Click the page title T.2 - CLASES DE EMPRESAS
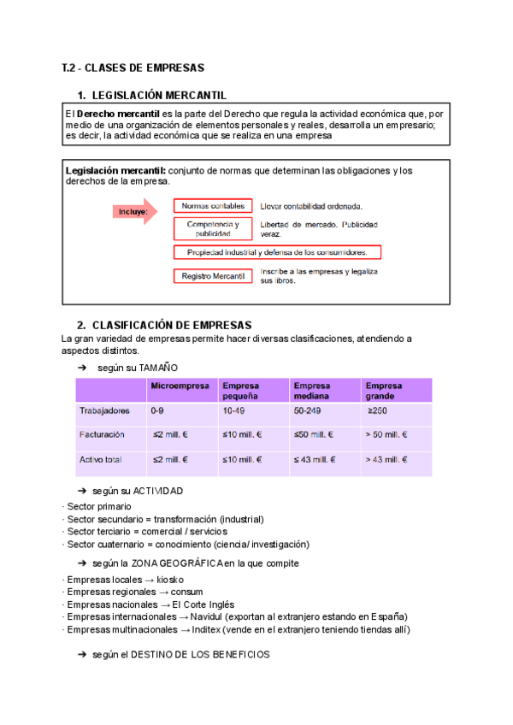(133, 68)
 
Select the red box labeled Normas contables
(213, 206)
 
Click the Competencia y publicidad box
(213, 228)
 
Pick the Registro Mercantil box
(213, 276)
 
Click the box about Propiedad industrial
(277, 252)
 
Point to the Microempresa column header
(180, 386)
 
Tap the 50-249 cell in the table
(308, 411)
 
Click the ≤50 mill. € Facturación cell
(315, 435)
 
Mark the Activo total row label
(101, 460)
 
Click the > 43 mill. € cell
(386, 460)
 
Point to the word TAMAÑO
(158, 367)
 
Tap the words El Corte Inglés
(208, 604)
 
